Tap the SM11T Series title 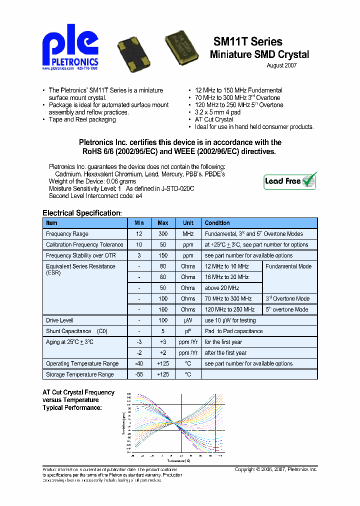[248, 42]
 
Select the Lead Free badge [290, 181]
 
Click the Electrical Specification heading [81, 213]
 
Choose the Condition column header [217, 223]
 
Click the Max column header [163, 223]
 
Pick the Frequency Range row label [67, 234]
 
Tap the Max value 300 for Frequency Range [163, 234]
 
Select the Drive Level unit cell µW [188, 320]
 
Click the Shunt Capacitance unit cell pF [188, 331]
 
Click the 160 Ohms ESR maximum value [163, 309]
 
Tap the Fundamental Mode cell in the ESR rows [288, 266]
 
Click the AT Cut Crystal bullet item [214, 119]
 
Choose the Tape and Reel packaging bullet [82, 119]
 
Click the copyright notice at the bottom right [276, 469]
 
